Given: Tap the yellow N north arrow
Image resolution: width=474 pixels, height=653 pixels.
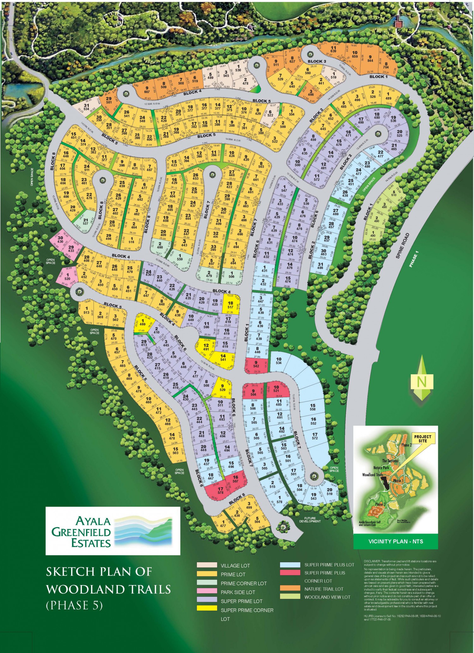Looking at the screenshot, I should tap(421, 382).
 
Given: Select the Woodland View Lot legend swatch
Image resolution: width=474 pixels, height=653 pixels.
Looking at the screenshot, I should tap(290, 597).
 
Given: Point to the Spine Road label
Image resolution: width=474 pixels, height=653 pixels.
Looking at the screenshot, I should tap(403, 246).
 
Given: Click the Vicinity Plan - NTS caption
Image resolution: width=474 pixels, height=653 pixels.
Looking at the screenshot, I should tap(396, 541).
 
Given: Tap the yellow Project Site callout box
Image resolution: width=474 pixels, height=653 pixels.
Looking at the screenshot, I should tap(422, 439).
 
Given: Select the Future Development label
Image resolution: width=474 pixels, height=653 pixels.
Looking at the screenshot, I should tap(310, 520).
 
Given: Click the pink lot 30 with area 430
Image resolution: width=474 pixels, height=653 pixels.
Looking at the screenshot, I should tap(60, 239).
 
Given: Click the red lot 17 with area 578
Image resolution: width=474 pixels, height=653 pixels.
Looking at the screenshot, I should tap(220, 490).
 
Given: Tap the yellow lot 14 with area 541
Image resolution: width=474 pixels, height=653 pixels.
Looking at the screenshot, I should tap(223, 357).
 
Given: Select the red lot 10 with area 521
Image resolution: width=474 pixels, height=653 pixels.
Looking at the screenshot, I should tap(276, 389).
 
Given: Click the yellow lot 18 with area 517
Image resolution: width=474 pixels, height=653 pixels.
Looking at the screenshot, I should tap(230, 305).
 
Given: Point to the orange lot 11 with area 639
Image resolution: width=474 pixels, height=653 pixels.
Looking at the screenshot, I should tap(333, 49).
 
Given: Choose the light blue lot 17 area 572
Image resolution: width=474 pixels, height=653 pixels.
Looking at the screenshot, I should tap(315, 436).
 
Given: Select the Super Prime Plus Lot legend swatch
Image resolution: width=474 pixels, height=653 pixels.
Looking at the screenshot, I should tap(290, 565).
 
